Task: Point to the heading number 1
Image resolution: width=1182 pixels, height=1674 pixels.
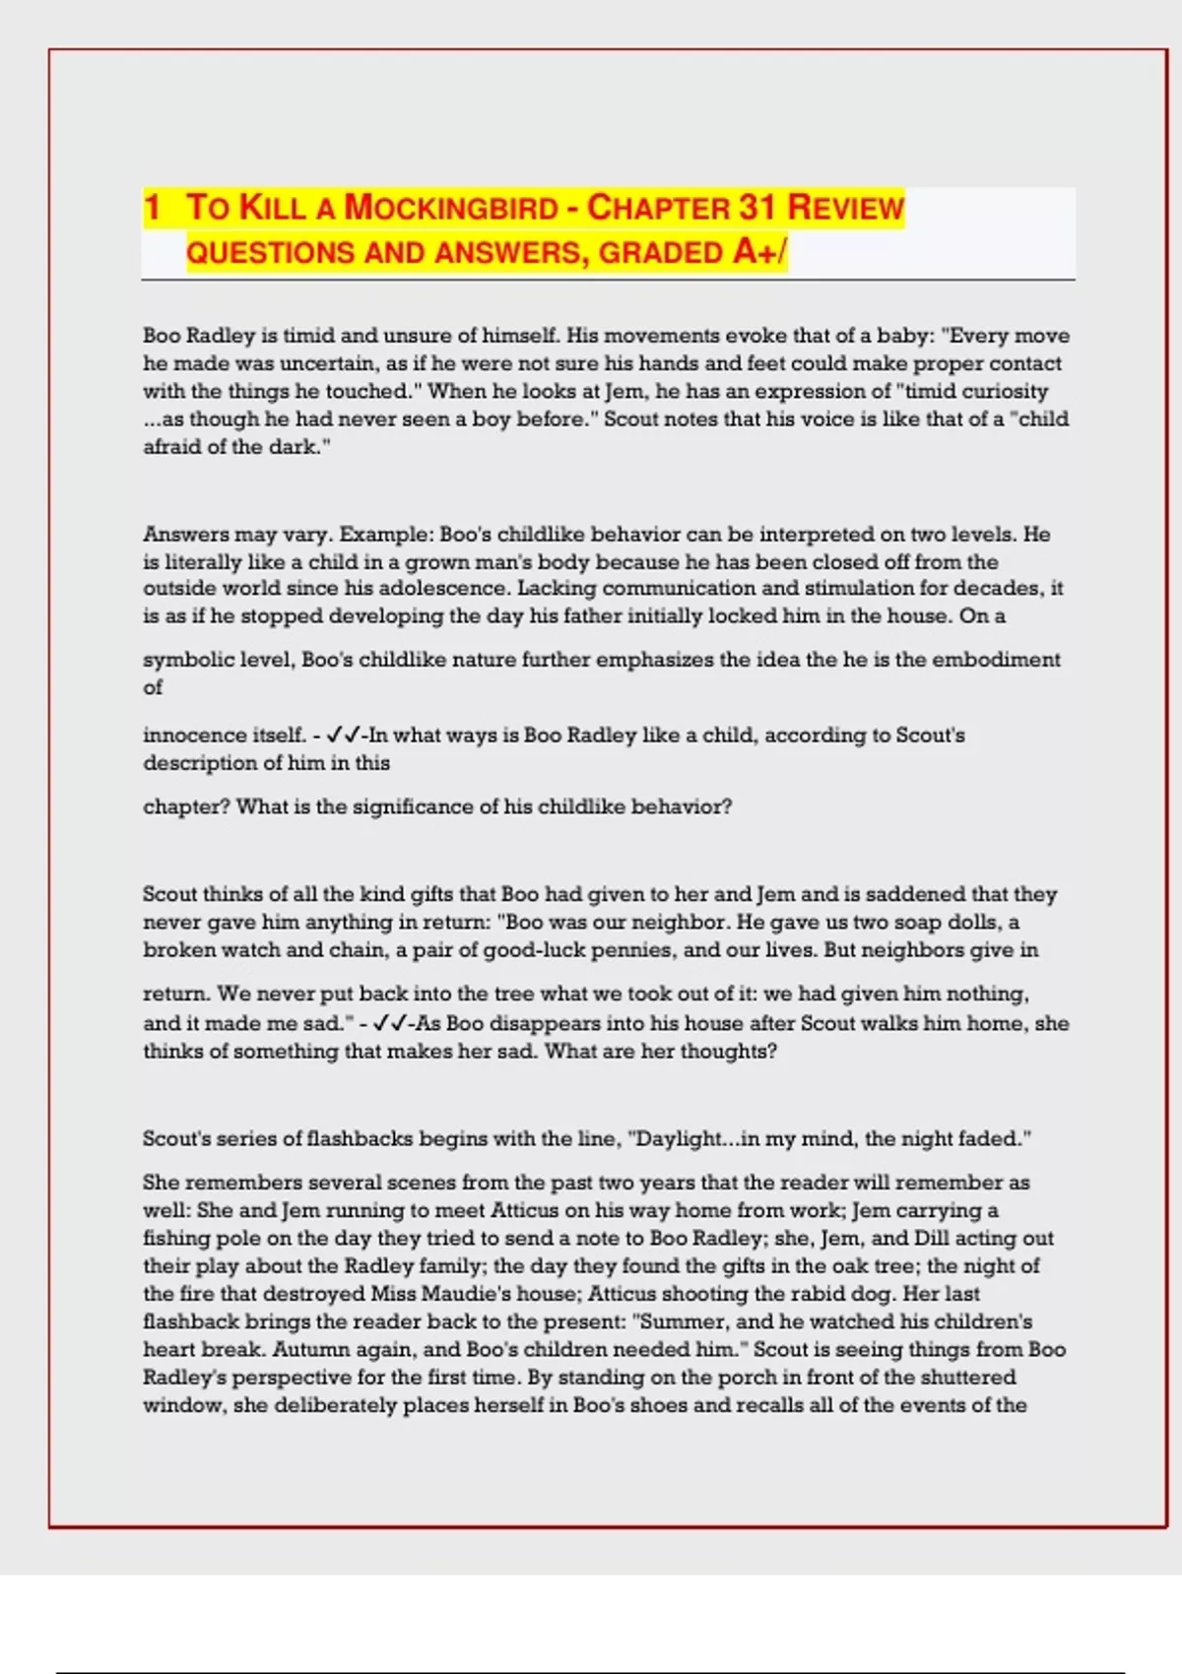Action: pos(152,208)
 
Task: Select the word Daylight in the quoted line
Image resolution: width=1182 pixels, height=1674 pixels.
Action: pos(680,1139)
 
